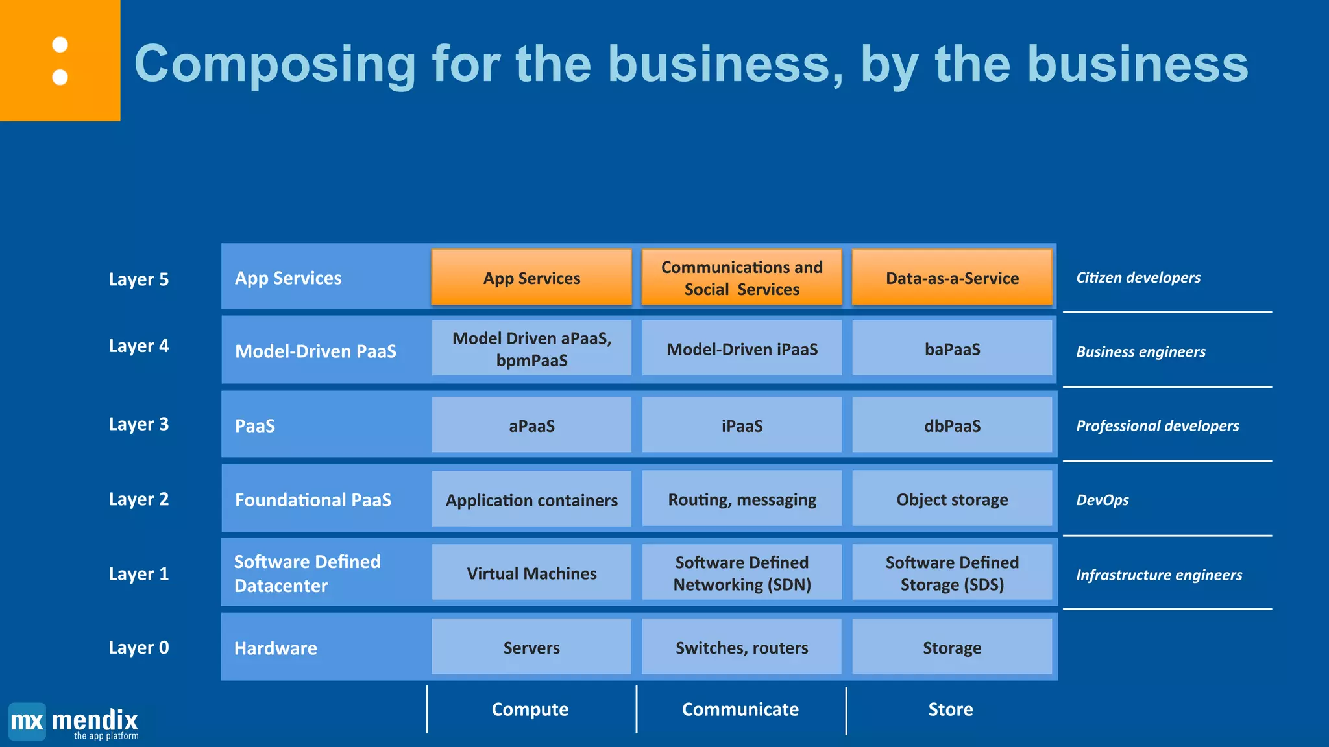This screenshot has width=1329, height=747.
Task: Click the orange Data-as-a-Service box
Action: [951, 278]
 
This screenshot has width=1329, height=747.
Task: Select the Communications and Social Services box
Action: [742, 278]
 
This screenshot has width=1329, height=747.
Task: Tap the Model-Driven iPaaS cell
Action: [742, 349]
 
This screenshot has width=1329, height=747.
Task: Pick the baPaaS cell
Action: [951, 349]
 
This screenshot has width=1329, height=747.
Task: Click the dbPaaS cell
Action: [951, 425]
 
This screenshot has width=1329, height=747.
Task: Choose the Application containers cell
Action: [531, 499]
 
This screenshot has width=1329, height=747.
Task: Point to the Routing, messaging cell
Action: [742, 499]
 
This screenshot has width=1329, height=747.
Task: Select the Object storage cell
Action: [951, 499]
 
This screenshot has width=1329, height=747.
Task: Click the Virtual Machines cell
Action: [531, 573]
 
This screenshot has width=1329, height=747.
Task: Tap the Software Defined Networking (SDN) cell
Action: [742, 573]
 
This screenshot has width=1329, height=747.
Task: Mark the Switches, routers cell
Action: [742, 647]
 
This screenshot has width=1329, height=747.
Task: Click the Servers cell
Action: [531, 647]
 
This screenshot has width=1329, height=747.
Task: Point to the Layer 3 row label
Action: [139, 424]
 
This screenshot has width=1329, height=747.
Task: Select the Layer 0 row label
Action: [139, 647]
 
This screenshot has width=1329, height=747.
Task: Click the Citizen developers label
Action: [1138, 278]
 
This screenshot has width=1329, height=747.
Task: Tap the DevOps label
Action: [1103, 500]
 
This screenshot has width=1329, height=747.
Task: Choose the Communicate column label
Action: [740, 709]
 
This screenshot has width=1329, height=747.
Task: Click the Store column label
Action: [950, 709]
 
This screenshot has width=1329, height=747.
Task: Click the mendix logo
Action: [74, 722]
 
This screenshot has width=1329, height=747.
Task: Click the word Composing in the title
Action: [275, 64]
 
